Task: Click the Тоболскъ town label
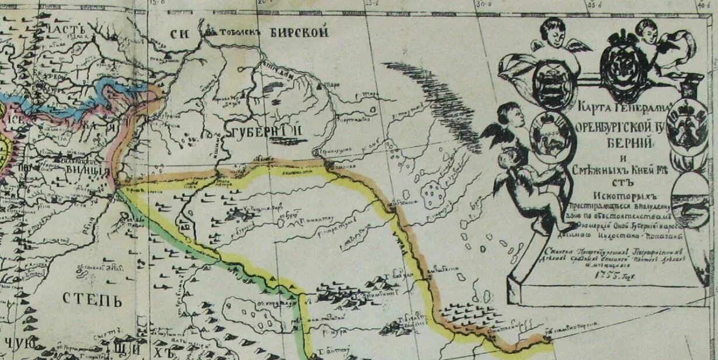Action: [x=238, y=33]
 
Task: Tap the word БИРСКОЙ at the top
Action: [x=299, y=32]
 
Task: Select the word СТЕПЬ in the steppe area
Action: [x=92, y=300]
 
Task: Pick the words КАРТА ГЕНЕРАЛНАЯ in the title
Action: [x=625, y=108]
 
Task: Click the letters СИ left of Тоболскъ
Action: [x=178, y=33]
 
